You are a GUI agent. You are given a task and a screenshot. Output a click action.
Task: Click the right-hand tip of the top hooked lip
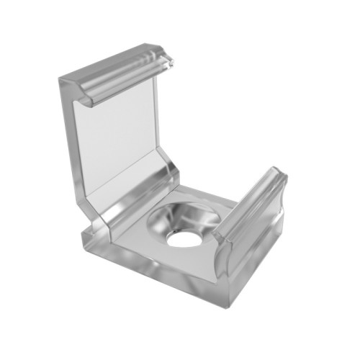coord(174,60)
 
